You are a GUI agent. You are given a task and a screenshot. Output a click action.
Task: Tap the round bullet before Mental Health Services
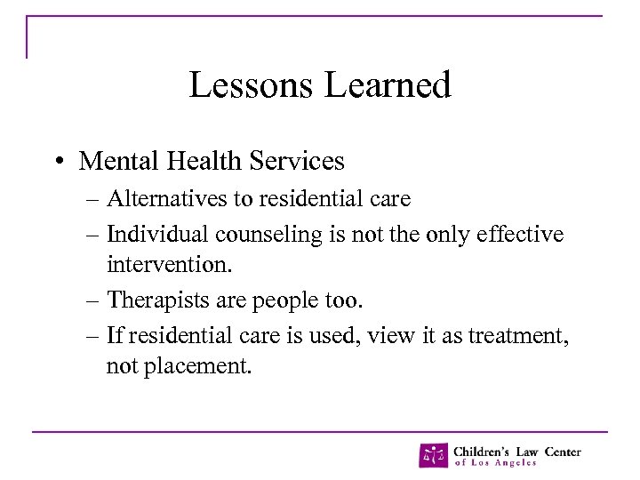coord(56,162)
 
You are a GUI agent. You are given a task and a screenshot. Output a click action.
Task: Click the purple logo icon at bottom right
coord(434,455)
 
